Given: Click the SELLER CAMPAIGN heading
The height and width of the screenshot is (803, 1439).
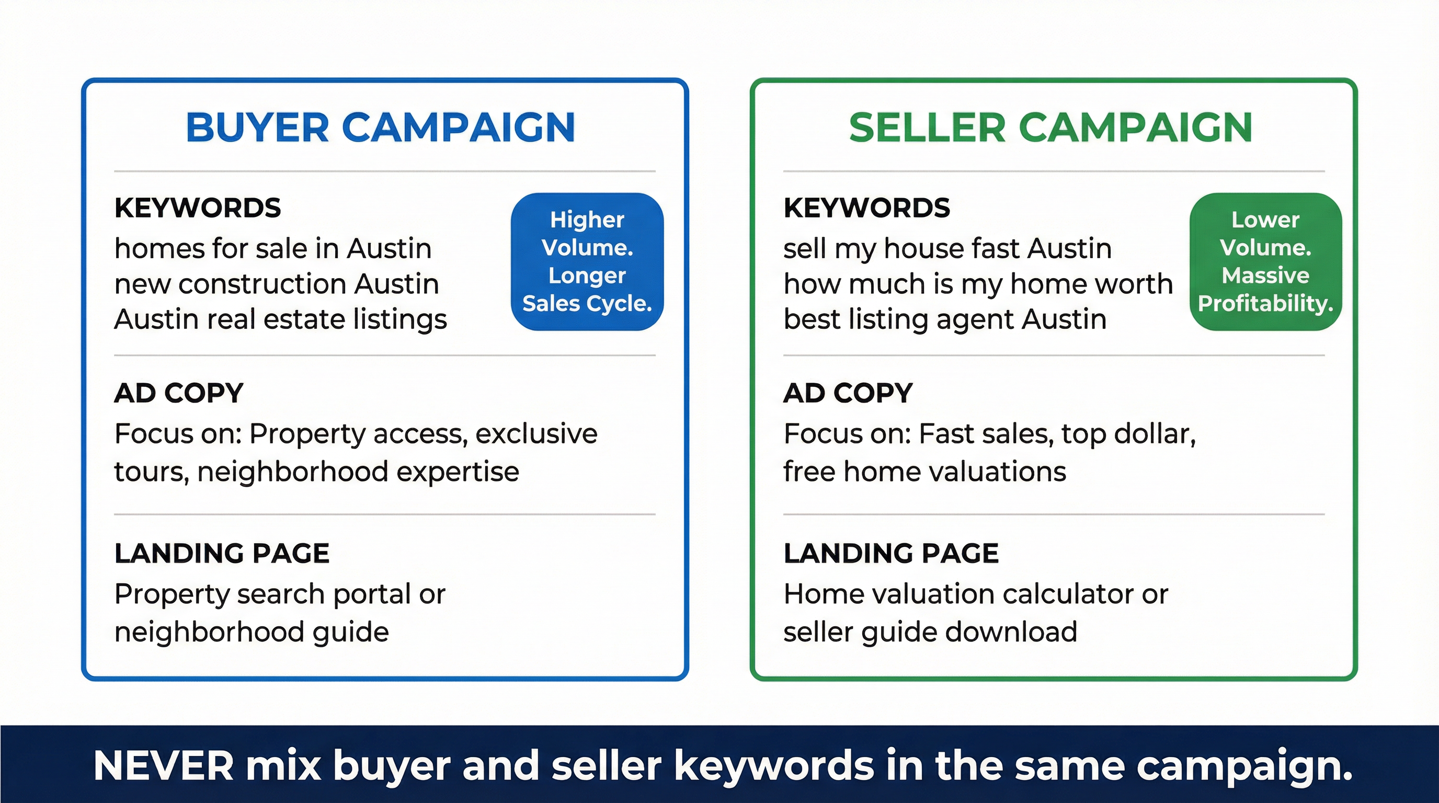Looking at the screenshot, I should [x=1050, y=128].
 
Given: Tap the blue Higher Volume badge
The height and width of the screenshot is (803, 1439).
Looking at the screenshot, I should [x=587, y=261].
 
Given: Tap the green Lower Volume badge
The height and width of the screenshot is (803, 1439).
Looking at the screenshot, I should [x=1265, y=261].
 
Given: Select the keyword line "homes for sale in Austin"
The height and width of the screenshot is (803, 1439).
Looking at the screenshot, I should [x=272, y=248].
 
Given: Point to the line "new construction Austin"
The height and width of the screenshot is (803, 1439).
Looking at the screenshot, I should [x=277, y=284].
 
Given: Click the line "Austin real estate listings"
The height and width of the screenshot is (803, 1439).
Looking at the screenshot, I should [x=280, y=319].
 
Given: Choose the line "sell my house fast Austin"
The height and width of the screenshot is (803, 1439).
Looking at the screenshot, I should [x=947, y=248].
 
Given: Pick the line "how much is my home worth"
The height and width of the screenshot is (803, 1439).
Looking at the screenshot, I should [x=978, y=284].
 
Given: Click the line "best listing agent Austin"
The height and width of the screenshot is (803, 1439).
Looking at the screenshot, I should [x=945, y=319].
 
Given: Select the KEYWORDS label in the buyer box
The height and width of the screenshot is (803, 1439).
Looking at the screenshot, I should [x=197, y=208].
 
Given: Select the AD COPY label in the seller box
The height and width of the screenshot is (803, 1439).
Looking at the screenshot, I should [x=848, y=393].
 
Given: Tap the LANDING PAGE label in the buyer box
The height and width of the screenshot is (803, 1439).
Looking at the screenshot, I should [x=222, y=554].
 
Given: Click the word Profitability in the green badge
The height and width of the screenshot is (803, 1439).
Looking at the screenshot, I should [x=1265, y=303].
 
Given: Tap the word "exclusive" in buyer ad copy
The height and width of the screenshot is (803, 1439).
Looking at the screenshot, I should [x=536, y=434].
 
